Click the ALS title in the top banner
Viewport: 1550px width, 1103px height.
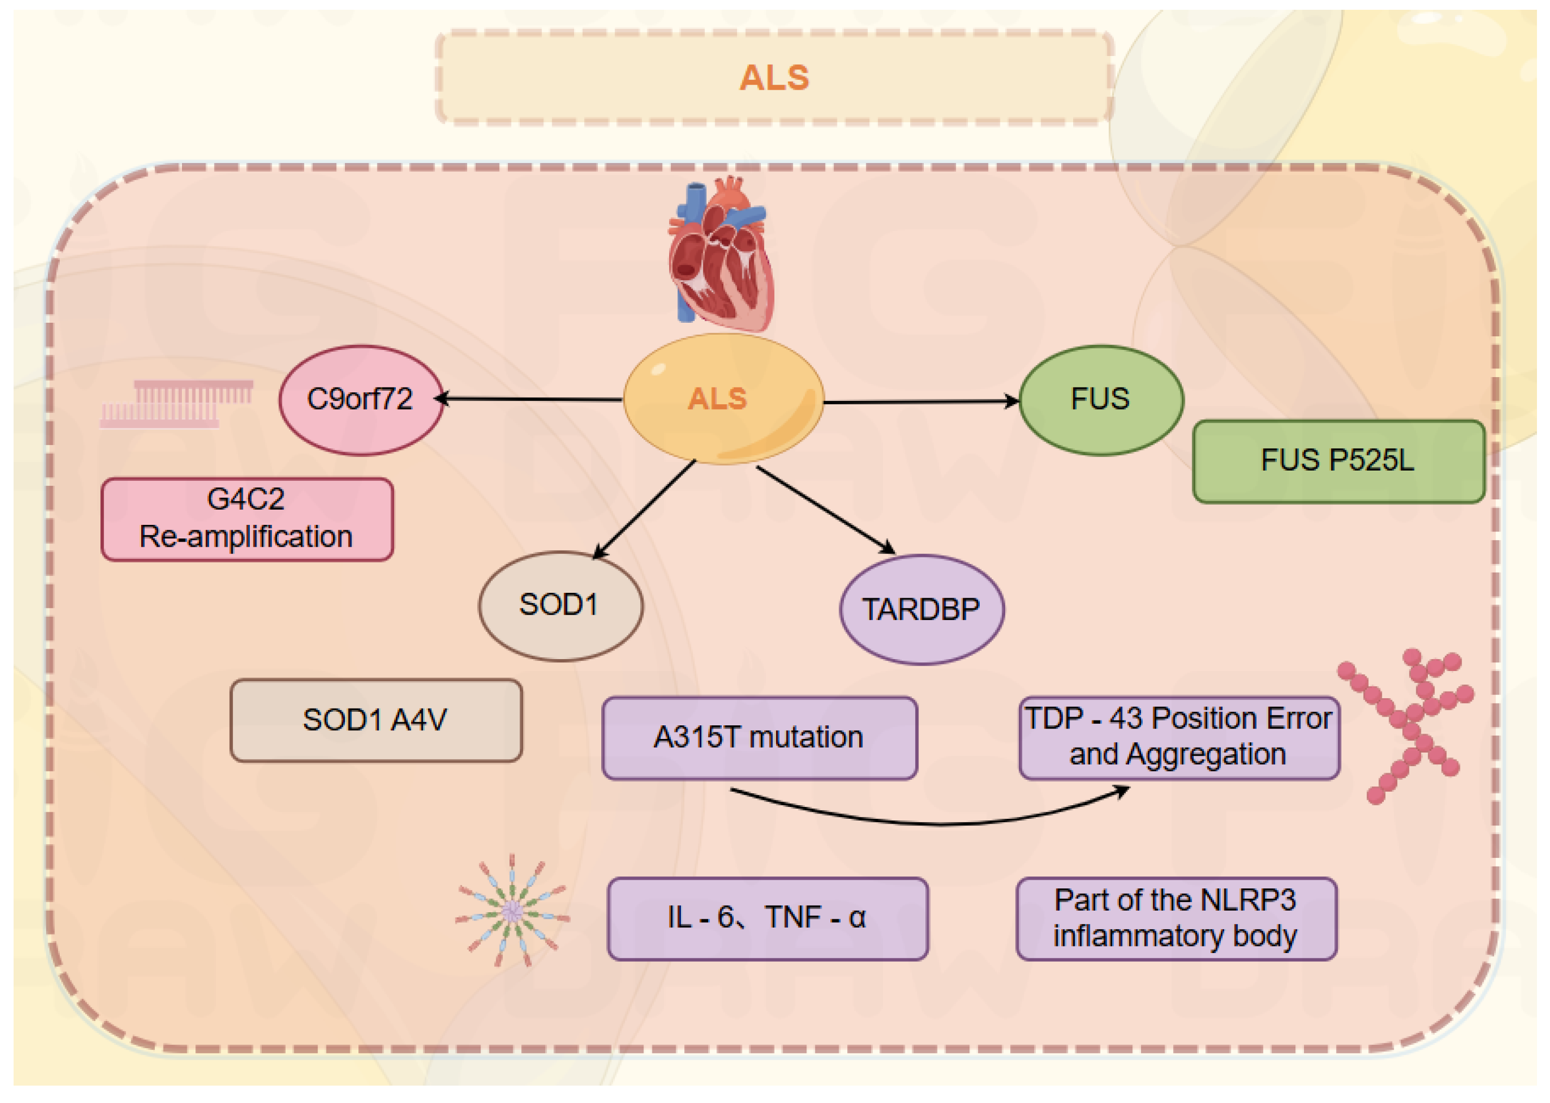point(774,77)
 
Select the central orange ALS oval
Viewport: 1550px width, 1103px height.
point(724,399)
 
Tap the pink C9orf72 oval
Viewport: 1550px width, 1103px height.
point(361,399)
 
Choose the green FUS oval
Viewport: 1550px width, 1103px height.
point(1100,399)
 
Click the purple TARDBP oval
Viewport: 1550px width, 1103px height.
point(921,609)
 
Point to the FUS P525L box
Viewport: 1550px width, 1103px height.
point(1338,461)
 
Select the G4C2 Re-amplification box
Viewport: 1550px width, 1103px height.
point(247,519)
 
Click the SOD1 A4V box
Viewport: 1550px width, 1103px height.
point(375,720)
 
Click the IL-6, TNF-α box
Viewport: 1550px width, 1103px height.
point(767,918)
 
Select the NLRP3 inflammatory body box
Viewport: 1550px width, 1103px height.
point(1176,918)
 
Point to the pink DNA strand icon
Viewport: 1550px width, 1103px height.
point(177,405)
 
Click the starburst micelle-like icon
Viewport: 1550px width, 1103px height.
point(513,910)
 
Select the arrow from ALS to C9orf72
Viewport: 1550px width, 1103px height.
point(530,399)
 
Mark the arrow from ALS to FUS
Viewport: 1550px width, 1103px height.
point(921,402)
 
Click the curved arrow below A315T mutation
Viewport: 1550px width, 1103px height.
point(937,823)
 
